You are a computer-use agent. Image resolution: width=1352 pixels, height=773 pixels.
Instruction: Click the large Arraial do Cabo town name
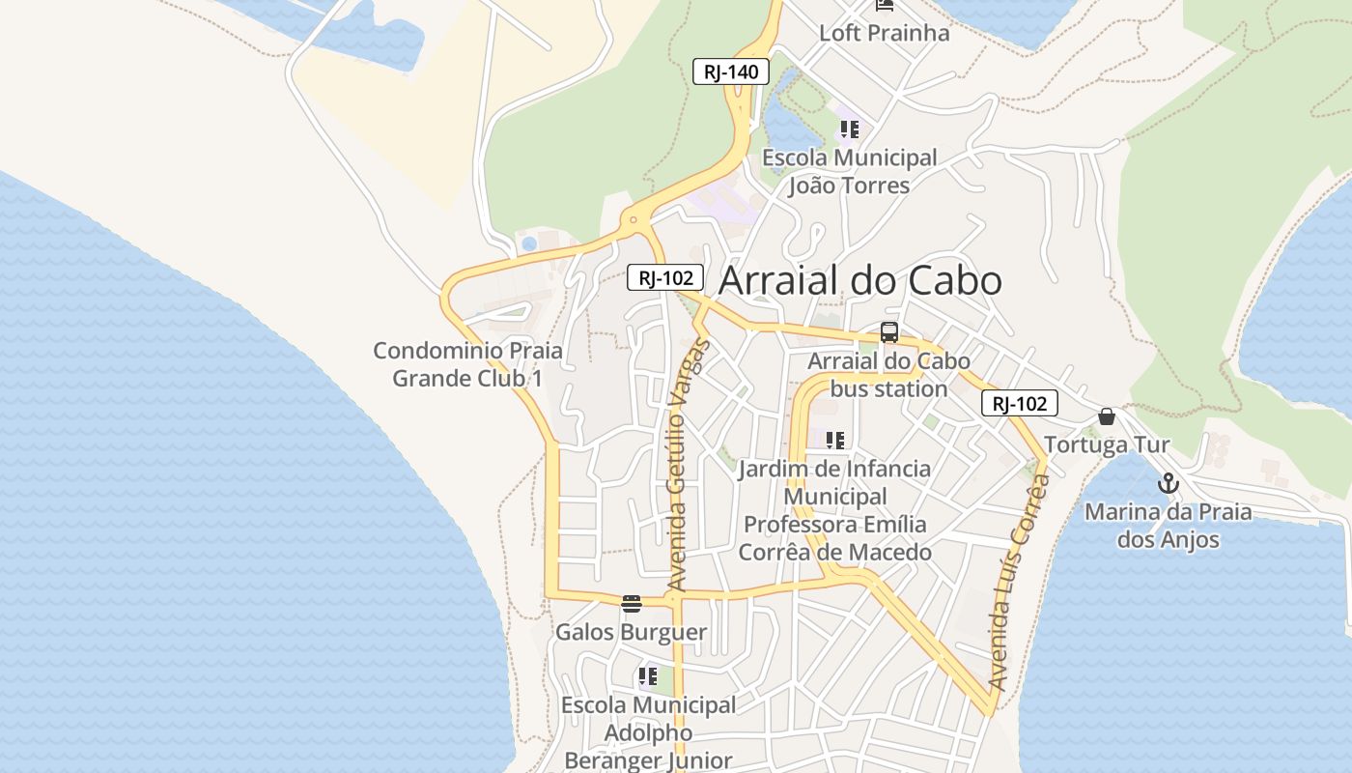[x=860, y=280]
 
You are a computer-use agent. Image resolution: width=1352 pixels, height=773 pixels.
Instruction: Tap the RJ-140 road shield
[x=731, y=72]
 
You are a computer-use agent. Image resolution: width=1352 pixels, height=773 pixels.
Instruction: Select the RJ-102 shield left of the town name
[x=665, y=278]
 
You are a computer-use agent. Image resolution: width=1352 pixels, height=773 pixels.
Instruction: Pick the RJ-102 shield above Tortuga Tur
[x=1019, y=403]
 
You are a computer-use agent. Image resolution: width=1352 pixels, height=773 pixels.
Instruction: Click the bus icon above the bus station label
[x=889, y=332]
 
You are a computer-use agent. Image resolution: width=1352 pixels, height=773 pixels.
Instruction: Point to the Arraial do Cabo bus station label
[x=888, y=375]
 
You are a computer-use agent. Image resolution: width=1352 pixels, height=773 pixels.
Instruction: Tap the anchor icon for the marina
[x=1169, y=483]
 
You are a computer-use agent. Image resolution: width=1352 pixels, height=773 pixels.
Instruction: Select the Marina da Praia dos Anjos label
[x=1169, y=526]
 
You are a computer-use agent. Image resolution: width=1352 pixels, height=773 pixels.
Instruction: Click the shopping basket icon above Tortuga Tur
[x=1107, y=416]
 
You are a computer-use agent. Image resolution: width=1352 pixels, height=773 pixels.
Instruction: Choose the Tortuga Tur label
[x=1107, y=445]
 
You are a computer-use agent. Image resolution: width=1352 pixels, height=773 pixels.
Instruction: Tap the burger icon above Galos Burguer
[x=632, y=605]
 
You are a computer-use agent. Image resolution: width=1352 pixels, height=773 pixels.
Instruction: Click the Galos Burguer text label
[x=631, y=633]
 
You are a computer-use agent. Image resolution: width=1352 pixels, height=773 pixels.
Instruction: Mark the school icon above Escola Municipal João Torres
[x=849, y=129]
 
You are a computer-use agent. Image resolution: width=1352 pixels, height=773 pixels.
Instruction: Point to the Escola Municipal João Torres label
[x=850, y=171]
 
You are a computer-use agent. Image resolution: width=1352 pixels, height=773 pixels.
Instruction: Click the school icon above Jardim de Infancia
[x=835, y=441]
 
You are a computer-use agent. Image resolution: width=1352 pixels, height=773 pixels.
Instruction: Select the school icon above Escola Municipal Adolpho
[x=648, y=676]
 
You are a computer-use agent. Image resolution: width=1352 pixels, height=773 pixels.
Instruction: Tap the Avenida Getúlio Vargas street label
[x=689, y=465]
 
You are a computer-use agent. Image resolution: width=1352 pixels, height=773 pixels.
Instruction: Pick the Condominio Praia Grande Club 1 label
[x=467, y=364]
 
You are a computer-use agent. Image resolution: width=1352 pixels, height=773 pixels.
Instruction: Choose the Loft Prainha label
[x=884, y=33]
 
